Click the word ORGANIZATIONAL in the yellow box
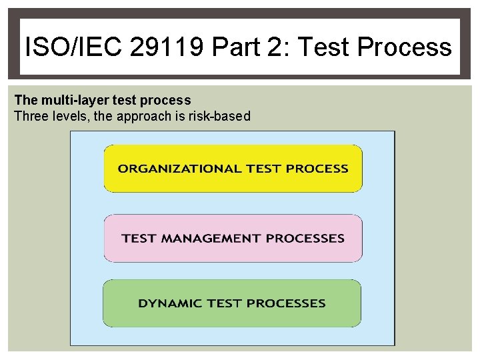[179, 169]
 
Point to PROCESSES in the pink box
[305, 238]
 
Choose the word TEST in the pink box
[139, 238]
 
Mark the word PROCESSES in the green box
[288, 303]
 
